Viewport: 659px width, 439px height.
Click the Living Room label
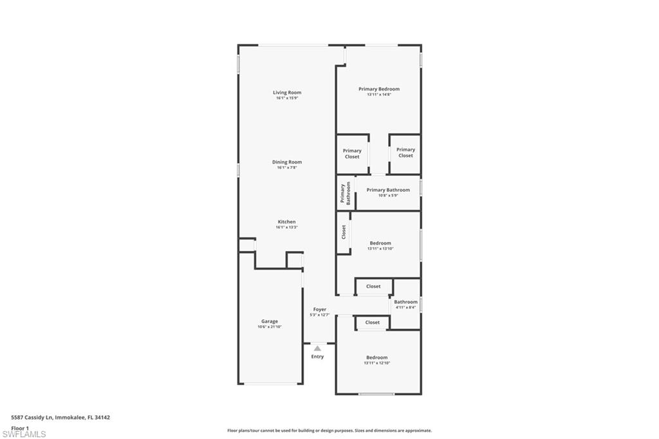pyautogui.click(x=287, y=93)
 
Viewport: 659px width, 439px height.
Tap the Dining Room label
pyautogui.click(x=287, y=162)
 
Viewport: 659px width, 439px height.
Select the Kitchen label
pyautogui.click(x=287, y=222)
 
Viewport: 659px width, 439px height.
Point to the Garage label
pyautogui.click(x=270, y=321)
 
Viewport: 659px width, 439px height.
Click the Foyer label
pyautogui.click(x=320, y=310)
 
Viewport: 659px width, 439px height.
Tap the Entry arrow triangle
pyautogui.click(x=317, y=348)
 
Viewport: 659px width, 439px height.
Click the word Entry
pyautogui.click(x=318, y=357)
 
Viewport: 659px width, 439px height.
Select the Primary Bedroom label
pyautogui.click(x=379, y=89)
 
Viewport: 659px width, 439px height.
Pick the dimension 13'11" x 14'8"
pyautogui.click(x=379, y=95)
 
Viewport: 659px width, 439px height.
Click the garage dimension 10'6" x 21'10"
pyautogui.click(x=270, y=327)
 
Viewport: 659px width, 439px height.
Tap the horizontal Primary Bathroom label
pyautogui.click(x=388, y=190)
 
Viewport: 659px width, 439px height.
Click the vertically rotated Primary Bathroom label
pyautogui.click(x=346, y=194)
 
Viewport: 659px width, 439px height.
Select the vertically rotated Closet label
pyautogui.click(x=344, y=232)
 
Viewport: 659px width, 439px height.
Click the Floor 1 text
pyautogui.click(x=21, y=427)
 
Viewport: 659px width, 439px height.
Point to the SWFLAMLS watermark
pyautogui.click(x=24, y=434)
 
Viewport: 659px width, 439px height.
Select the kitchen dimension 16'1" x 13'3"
pyautogui.click(x=287, y=227)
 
